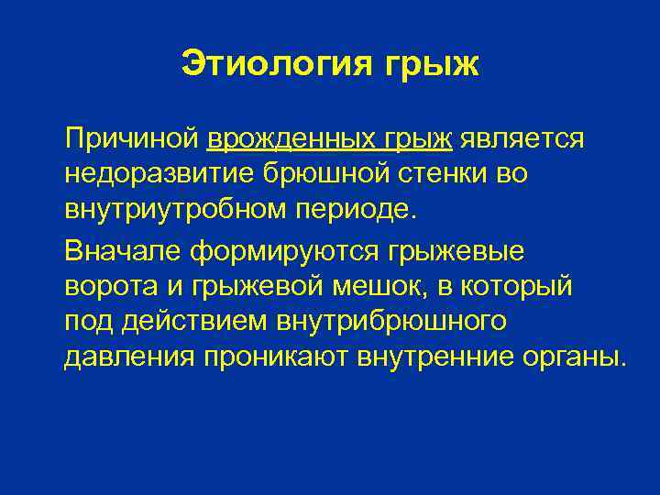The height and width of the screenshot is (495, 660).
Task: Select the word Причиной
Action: (131, 139)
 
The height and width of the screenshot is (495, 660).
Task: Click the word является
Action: (522, 139)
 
